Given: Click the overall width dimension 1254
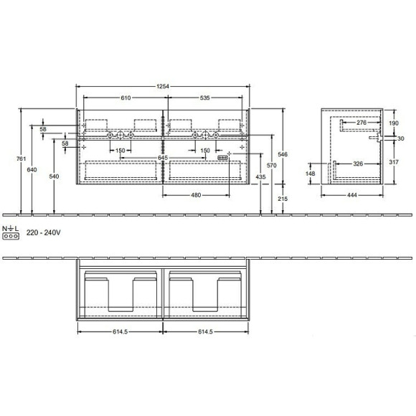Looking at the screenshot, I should (x=163, y=87).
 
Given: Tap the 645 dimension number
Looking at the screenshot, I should (x=163, y=157).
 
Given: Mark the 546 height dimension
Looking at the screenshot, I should (x=283, y=154).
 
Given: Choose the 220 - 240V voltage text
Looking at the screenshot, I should (x=43, y=233).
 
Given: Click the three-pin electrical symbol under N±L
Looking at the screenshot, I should (x=10, y=235).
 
